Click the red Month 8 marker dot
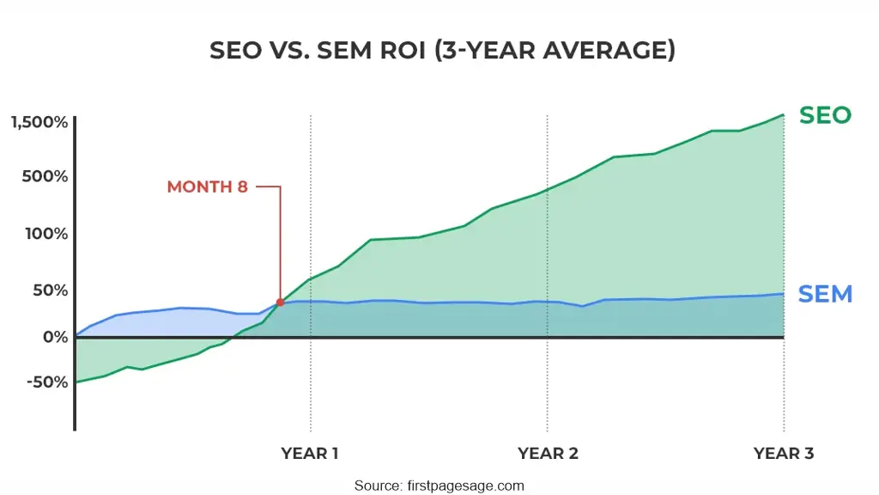(280, 302)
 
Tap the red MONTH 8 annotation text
(207, 186)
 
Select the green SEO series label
(825, 115)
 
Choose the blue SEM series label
(825, 294)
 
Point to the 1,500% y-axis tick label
(39, 122)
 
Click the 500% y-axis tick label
(45, 177)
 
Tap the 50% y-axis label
(49, 290)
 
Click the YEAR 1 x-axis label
(310, 454)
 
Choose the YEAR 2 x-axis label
(547, 454)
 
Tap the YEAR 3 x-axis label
(783, 454)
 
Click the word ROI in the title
(400, 51)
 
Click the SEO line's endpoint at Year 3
(784, 115)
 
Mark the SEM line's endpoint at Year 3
(784, 294)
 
